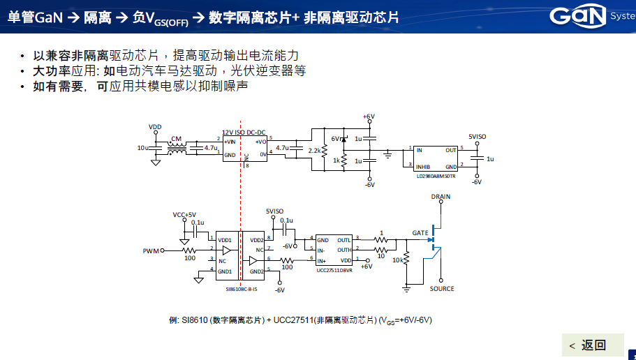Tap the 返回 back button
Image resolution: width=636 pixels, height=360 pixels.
tap(587, 345)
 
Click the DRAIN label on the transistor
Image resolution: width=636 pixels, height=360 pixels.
tap(441, 197)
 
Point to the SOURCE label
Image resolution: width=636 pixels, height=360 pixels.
tap(442, 289)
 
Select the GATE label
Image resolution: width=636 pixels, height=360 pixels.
tap(420, 233)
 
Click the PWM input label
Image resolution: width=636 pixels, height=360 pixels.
tap(151, 250)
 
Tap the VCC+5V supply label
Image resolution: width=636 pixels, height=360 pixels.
tap(184, 215)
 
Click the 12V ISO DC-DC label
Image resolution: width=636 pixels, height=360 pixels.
tap(244, 132)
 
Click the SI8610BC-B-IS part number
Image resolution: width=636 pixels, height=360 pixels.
tap(241, 289)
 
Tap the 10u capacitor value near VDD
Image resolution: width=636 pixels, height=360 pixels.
tap(142, 149)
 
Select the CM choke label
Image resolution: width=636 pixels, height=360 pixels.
tap(176, 138)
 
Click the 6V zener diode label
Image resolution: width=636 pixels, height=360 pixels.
tap(335, 139)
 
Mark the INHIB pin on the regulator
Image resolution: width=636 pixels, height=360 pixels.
tap(423, 167)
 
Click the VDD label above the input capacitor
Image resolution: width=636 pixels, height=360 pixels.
tap(155, 127)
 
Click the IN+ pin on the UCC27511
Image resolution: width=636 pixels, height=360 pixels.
tap(323, 260)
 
